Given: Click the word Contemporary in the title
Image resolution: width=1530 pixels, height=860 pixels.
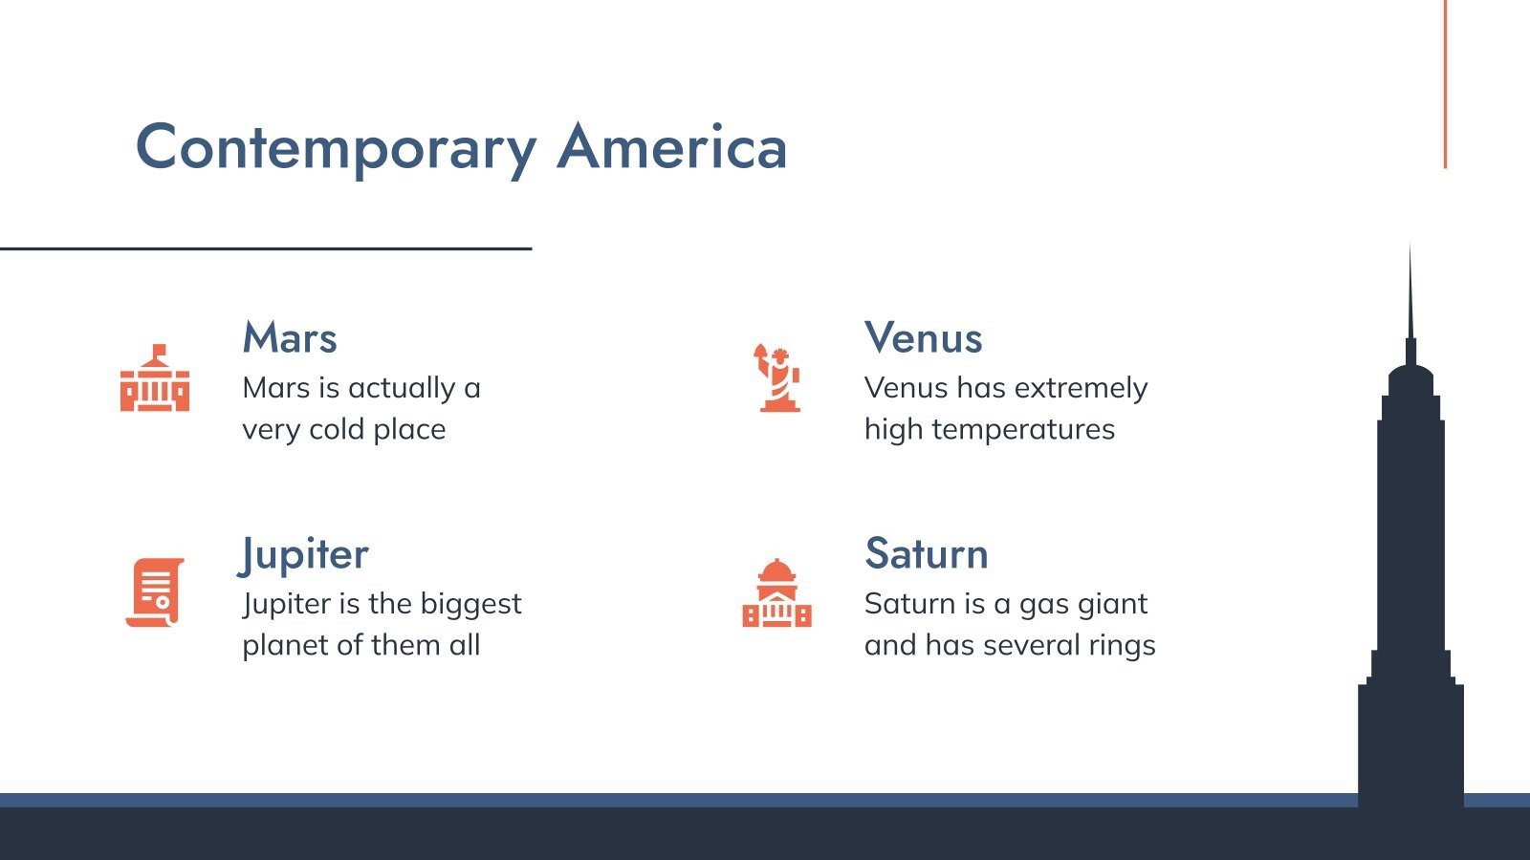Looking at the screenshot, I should pos(336,149).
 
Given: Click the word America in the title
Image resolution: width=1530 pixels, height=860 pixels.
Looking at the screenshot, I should pos(672,147).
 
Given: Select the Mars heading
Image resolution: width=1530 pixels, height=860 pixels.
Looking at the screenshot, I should pos(290,338).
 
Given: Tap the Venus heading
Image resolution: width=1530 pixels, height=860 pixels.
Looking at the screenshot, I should pos(923,338).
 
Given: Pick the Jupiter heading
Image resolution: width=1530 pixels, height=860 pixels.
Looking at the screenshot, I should pos(304,554).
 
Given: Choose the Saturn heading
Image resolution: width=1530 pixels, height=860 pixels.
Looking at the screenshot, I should pos(926,554).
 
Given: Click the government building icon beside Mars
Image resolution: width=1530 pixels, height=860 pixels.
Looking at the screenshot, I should pos(155,378).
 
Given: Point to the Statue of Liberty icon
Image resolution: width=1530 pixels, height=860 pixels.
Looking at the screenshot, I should pos(776,378).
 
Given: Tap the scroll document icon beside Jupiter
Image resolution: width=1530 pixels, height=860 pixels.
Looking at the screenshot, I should pos(155,592).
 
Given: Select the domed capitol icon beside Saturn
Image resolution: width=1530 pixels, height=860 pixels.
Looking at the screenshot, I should pos(776,593).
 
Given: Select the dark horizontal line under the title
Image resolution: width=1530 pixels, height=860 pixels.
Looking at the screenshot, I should pos(265,248).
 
